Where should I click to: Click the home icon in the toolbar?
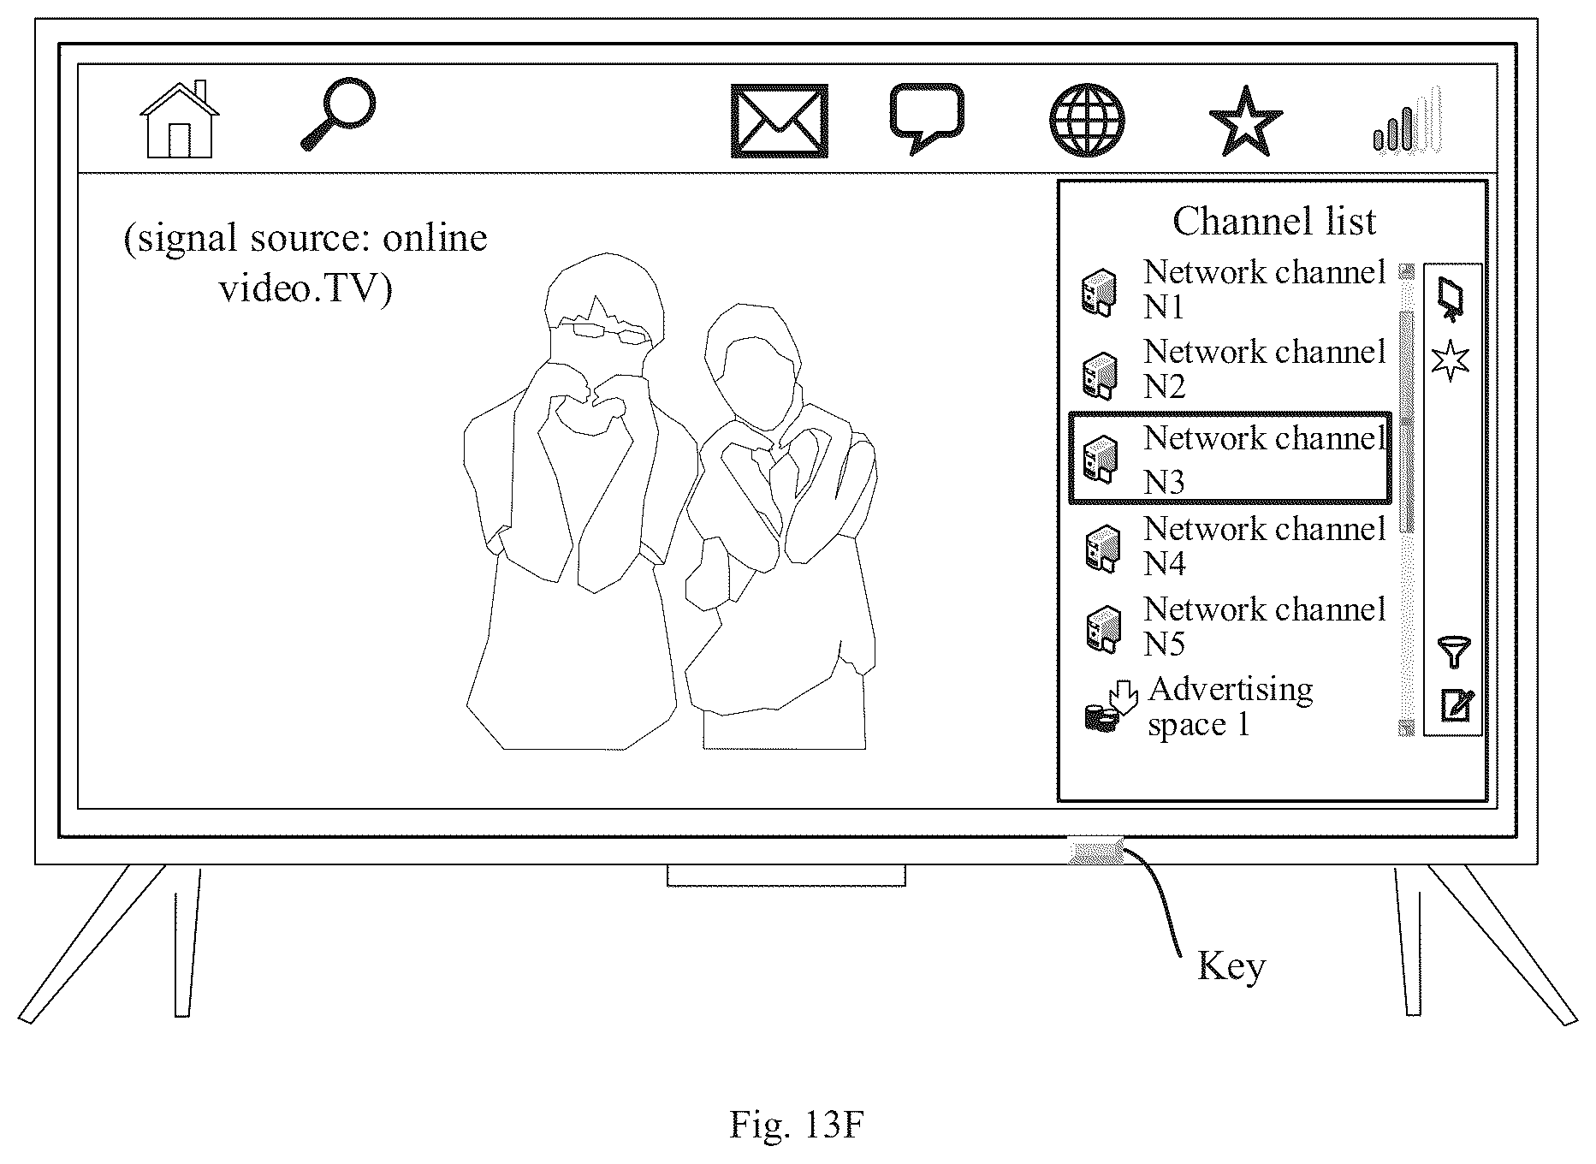point(179,120)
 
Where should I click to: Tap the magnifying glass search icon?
point(339,114)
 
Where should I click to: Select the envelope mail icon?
point(779,121)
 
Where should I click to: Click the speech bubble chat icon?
point(927,118)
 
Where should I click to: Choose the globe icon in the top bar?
point(1087,120)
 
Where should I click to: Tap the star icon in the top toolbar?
point(1245,122)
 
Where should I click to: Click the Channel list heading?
point(1273,221)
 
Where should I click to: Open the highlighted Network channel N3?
point(1230,458)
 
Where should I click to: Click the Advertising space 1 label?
point(1230,706)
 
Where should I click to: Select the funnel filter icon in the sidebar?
point(1453,652)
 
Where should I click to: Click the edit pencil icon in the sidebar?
point(1457,704)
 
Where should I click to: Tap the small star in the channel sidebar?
point(1450,360)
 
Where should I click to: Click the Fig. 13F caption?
point(796,1125)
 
